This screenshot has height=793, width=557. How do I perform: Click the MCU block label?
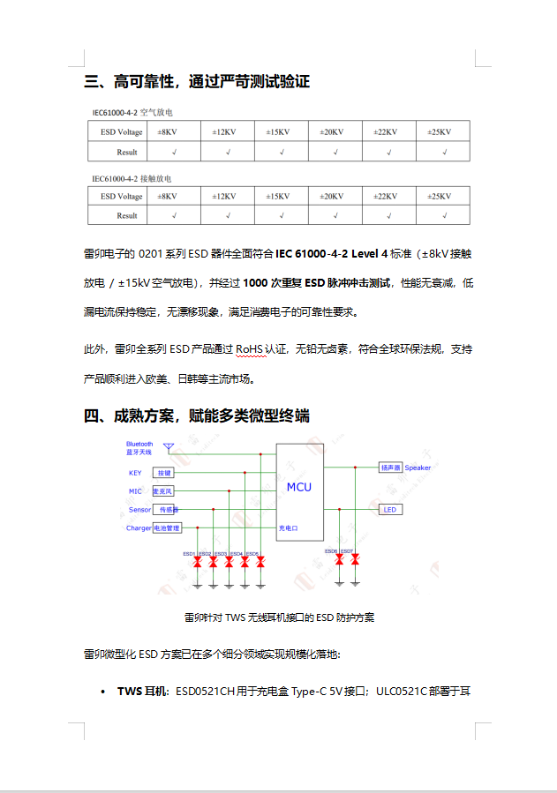[298, 487]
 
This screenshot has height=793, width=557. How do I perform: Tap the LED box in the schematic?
[390, 510]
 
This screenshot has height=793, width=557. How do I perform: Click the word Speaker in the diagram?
[418, 468]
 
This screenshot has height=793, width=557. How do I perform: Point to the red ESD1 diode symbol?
[198, 561]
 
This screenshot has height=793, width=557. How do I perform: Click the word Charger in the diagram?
[139, 528]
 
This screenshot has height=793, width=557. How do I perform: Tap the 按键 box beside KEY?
[164, 474]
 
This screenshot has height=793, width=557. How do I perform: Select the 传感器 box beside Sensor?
[166, 510]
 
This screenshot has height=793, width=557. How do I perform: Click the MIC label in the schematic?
[135, 491]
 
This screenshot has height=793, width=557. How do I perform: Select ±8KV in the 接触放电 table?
[167, 196]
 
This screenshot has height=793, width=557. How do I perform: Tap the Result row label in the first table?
[127, 152]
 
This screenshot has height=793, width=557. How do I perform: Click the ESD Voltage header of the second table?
[122, 196]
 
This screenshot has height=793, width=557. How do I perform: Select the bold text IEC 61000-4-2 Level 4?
[332, 254]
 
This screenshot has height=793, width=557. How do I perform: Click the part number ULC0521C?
[403, 691]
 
